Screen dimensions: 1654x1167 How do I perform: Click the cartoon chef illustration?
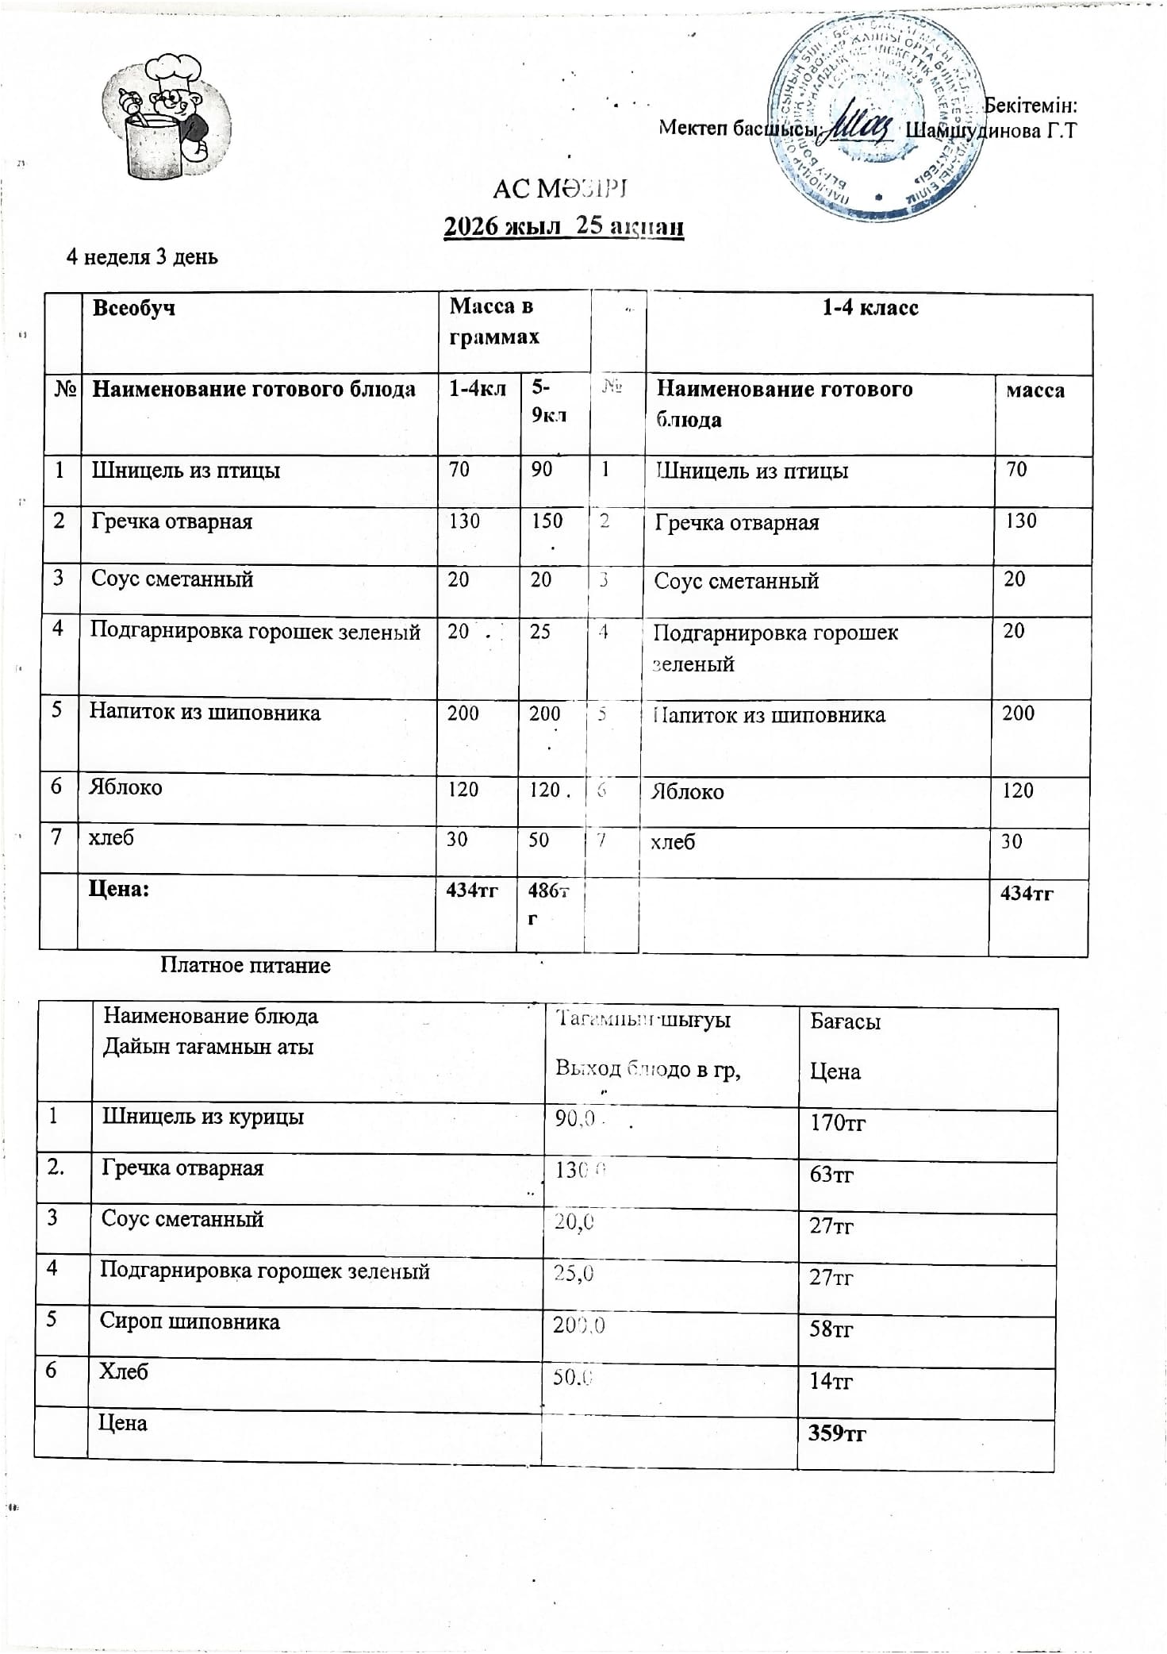pyautogui.click(x=166, y=116)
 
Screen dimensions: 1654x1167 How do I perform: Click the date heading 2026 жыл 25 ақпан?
pyautogui.click(x=563, y=226)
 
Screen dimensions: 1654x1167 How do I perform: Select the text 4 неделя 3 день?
pyautogui.click(x=142, y=257)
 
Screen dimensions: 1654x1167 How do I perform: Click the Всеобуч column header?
pyautogui.click(x=134, y=308)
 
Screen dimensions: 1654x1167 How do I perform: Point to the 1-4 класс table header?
pyautogui.click(x=869, y=308)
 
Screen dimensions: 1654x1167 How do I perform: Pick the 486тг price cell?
pyautogui.click(x=548, y=902)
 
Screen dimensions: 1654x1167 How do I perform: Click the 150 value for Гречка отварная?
pyautogui.click(x=547, y=521)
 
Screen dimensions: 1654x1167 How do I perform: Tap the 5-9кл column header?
pyautogui.click(x=547, y=401)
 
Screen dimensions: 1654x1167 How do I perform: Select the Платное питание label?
pyautogui.click(x=245, y=965)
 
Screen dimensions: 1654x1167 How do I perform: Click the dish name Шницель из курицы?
pyautogui.click(x=202, y=1116)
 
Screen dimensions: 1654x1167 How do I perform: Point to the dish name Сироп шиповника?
pyautogui.click(x=190, y=1322)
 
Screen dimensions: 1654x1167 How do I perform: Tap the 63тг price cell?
pyautogui.click(x=831, y=1174)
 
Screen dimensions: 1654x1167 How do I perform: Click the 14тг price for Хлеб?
pyautogui.click(x=831, y=1382)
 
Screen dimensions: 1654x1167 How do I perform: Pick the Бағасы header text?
pyautogui.click(x=845, y=1021)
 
